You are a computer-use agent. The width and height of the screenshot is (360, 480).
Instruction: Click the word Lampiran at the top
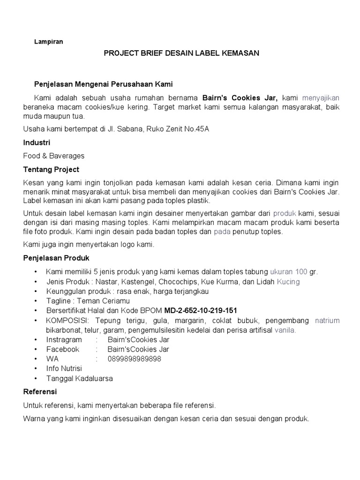tap(49, 41)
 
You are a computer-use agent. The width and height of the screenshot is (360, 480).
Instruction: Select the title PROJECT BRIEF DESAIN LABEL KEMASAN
tap(181, 53)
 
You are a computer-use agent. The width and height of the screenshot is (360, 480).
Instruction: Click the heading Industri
tap(37, 142)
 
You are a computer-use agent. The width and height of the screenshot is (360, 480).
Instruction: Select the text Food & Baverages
tap(54, 156)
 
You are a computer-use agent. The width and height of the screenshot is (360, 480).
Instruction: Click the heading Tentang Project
tap(51, 169)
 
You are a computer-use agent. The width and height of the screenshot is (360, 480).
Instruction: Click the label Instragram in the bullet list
tap(64, 339)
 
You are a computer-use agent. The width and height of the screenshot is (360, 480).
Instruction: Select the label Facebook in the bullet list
tap(62, 349)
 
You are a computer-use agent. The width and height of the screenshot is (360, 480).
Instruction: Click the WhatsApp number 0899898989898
tap(134, 359)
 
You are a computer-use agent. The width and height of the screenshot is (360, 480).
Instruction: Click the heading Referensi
tap(40, 391)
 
